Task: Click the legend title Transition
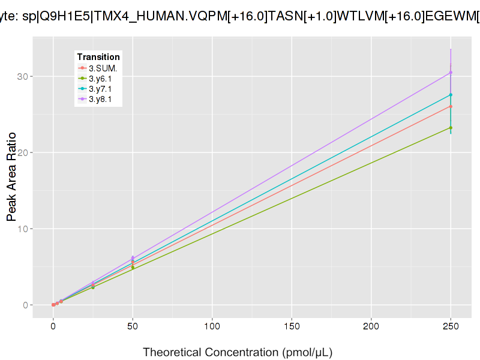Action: (98, 57)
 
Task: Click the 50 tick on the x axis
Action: (133, 326)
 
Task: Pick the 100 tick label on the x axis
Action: (212, 326)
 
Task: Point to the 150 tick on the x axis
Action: (292, 326)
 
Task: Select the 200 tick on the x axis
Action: (371, 326)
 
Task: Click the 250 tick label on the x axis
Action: (451, 326)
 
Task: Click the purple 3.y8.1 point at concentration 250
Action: (451, 73)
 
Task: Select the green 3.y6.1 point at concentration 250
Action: (451, 128)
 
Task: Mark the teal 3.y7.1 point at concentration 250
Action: (451, 95)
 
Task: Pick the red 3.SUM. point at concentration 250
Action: (451, 106)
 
